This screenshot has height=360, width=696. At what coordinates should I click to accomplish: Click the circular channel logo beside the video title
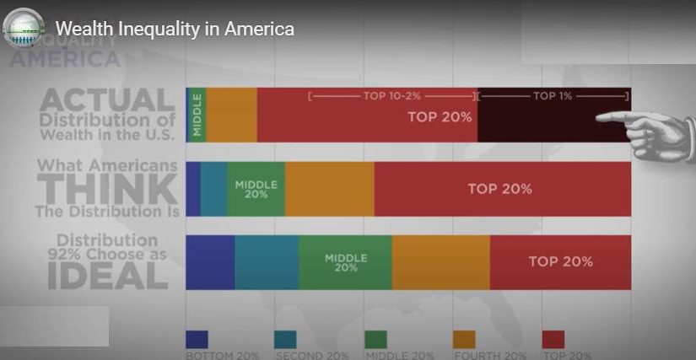[x=24, y=28]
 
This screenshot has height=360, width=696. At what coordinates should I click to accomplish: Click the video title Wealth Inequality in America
[x=175, y=29]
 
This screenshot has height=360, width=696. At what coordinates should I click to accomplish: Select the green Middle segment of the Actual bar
[x=197, y=114]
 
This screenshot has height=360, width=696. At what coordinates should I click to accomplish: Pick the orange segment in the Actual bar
[x=231, y=114]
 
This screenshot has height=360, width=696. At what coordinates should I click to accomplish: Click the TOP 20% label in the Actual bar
[x=439, y=117]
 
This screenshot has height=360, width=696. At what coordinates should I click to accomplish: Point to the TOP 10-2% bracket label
[x=391, y=96]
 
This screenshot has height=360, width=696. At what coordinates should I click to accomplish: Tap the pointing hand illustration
[x=654, y=131]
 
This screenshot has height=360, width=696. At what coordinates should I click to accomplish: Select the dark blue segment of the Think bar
[x=192, y=189]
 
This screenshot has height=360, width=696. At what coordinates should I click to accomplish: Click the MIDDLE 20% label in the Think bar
[x=256, y=189]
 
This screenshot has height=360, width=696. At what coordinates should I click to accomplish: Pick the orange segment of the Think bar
[x=329, y=189]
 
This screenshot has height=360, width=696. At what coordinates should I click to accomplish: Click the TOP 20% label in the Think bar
[x=499, y=189]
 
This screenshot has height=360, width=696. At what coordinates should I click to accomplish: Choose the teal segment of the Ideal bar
[x=267, y=262]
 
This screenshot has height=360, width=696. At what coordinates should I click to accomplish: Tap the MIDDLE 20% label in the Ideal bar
[x=345, y=262]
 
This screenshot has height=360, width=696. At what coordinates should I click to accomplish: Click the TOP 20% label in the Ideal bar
[x=560, y=261]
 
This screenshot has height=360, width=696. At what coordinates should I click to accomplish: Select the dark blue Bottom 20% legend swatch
[x=197, y=339]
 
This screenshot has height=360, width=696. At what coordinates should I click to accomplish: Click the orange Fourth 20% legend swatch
[x=464, y=339]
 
